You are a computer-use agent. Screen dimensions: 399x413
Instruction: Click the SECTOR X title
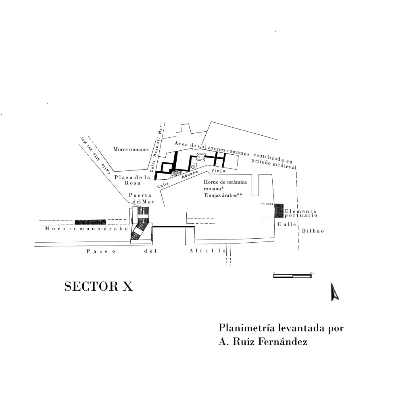click(98, 287)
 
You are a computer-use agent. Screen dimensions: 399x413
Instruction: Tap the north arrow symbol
click(334, 292)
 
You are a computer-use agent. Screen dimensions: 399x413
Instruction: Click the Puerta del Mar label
click(140, 199)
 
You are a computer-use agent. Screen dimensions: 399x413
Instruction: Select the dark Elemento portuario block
click(279, 211)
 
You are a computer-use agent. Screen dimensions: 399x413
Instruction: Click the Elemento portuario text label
click(300, 214)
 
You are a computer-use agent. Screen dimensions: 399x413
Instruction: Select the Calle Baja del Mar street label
click(155, 151)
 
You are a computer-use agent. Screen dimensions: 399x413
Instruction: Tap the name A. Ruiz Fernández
click(263, 342)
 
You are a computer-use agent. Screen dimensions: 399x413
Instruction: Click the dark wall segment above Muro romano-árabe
click(90, 222)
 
